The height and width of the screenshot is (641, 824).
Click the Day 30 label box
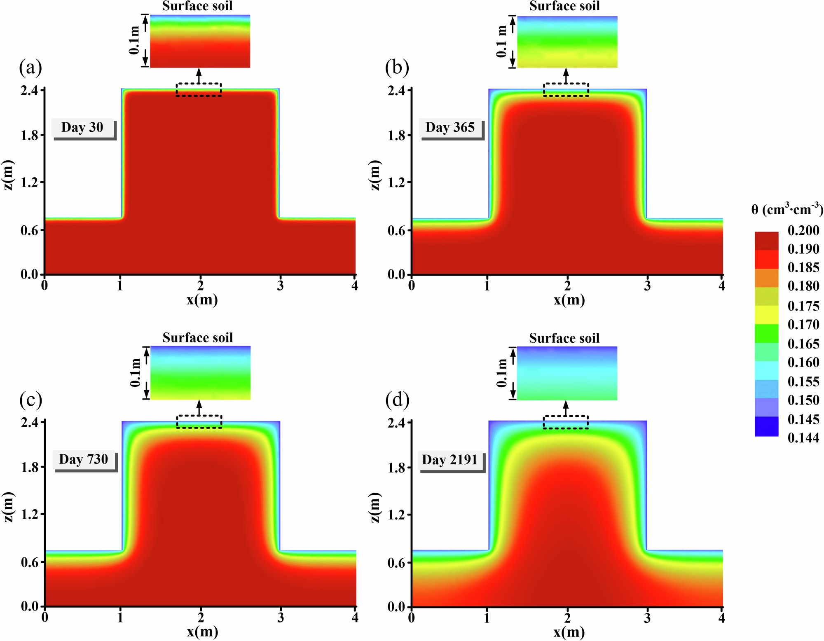82,128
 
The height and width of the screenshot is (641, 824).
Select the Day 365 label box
450,128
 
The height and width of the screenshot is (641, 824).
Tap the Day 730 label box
84,459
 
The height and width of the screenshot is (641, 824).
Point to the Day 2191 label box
450,460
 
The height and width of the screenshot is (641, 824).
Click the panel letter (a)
30,68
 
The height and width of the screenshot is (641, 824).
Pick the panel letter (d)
397,400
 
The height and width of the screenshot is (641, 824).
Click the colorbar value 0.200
803,230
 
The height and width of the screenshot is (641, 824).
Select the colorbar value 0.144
803,438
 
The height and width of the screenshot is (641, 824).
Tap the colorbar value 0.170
803,325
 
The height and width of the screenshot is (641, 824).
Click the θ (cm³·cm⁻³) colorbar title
787,210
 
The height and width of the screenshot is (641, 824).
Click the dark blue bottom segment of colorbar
766,426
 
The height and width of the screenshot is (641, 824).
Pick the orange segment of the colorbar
766,278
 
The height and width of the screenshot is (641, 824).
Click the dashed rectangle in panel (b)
566,89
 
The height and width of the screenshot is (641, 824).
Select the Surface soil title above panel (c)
198,338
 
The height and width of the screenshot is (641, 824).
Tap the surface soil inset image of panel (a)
200,41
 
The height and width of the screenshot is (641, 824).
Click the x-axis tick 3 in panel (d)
647,618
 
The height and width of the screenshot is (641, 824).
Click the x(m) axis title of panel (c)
202,632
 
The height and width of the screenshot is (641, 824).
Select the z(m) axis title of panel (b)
375,175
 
